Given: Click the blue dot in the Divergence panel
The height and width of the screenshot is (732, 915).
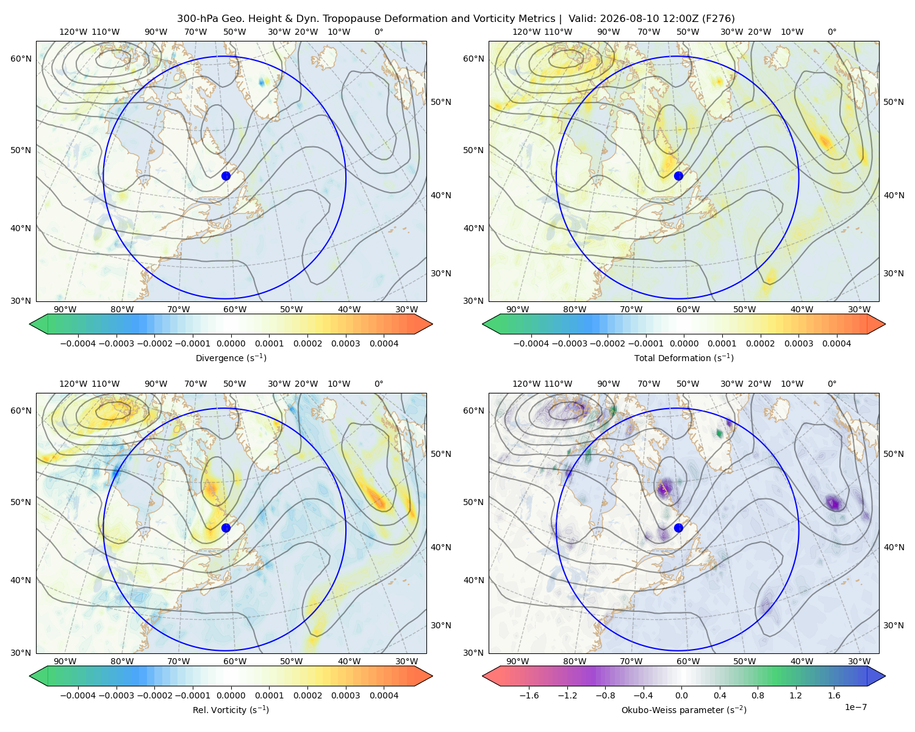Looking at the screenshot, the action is (x=226, y=176).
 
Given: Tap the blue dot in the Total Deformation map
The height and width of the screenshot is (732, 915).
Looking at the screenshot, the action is (x=678, y=176).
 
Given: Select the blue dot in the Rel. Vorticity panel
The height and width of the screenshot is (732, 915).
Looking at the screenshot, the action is (x=226, y=528).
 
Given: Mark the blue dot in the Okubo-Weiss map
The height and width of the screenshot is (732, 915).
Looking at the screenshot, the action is (x=678, y=528).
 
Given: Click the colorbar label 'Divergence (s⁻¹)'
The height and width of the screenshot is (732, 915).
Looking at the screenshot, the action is (x=231, y=357).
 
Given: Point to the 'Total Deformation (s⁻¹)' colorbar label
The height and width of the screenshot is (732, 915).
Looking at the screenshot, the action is (x=684, y=357).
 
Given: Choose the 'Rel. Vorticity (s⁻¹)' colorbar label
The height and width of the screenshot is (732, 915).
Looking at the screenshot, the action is (x=231, y=710).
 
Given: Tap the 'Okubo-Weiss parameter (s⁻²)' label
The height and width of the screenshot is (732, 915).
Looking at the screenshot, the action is (x=684, y=710).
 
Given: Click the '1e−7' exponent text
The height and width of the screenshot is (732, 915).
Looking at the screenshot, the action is (x=855, y=707).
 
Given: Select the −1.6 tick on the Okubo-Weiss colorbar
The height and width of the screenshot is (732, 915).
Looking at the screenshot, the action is (x=529, y=695).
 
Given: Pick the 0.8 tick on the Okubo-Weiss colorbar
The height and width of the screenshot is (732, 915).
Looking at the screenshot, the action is (x=758, y=695).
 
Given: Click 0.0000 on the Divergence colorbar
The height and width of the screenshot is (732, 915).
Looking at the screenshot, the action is (x=231, y=343).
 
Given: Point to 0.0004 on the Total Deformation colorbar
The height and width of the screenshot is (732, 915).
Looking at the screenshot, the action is (x=837, y=343).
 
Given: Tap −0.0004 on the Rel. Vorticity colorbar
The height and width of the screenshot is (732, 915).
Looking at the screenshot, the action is (x=78, y=695).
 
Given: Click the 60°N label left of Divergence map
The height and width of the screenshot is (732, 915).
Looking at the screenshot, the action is (x=21, y=59).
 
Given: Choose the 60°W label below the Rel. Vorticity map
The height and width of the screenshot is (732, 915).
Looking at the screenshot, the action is (x=235, y=661).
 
